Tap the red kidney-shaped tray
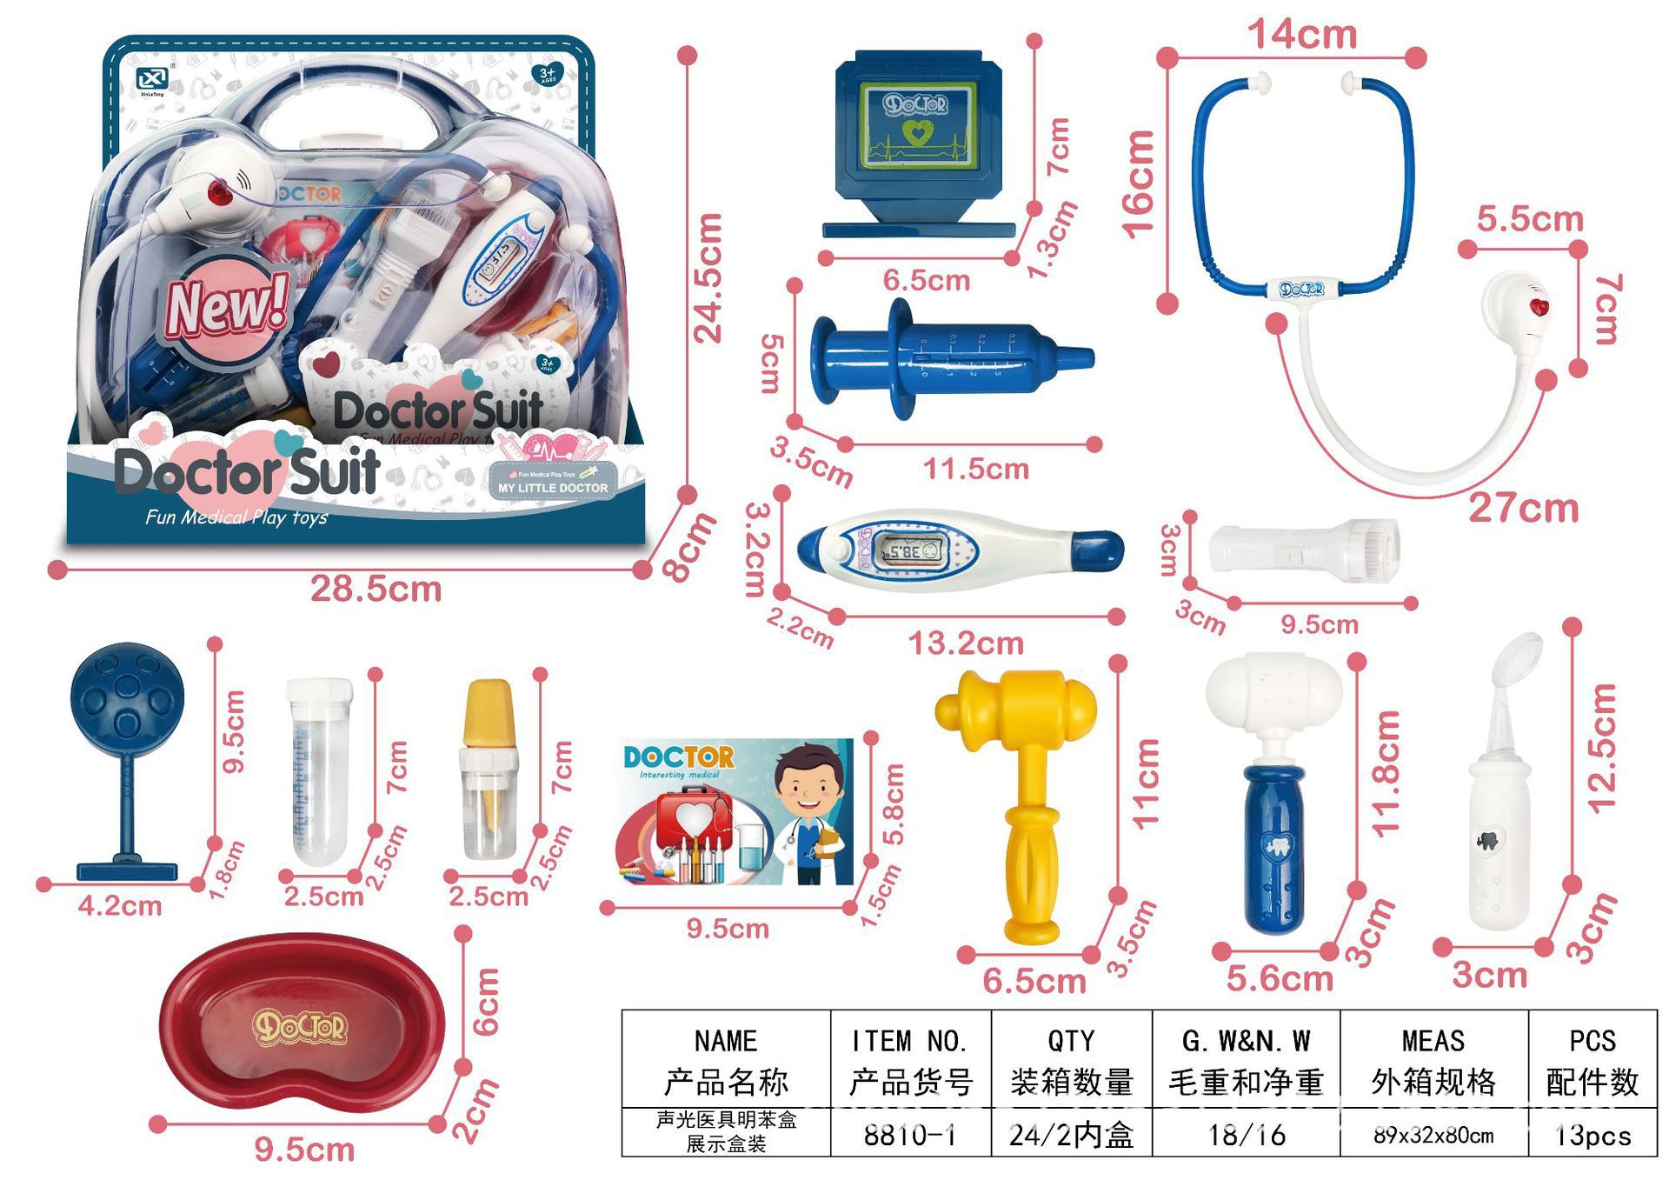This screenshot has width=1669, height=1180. coord(300,1030)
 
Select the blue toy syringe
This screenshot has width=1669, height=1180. coord(948,358)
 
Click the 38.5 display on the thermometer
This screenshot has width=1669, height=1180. coord(905,550)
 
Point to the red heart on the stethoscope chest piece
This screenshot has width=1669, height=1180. coord(1539,307)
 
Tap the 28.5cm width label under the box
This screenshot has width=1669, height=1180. coord(376,590)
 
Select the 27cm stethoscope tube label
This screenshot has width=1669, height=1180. coord(1523,508)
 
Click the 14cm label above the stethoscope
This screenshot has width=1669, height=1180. coord(1302,35)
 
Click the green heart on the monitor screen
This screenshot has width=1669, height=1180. coord(916,133)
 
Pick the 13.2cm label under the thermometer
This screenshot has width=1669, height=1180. coord(966,643)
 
